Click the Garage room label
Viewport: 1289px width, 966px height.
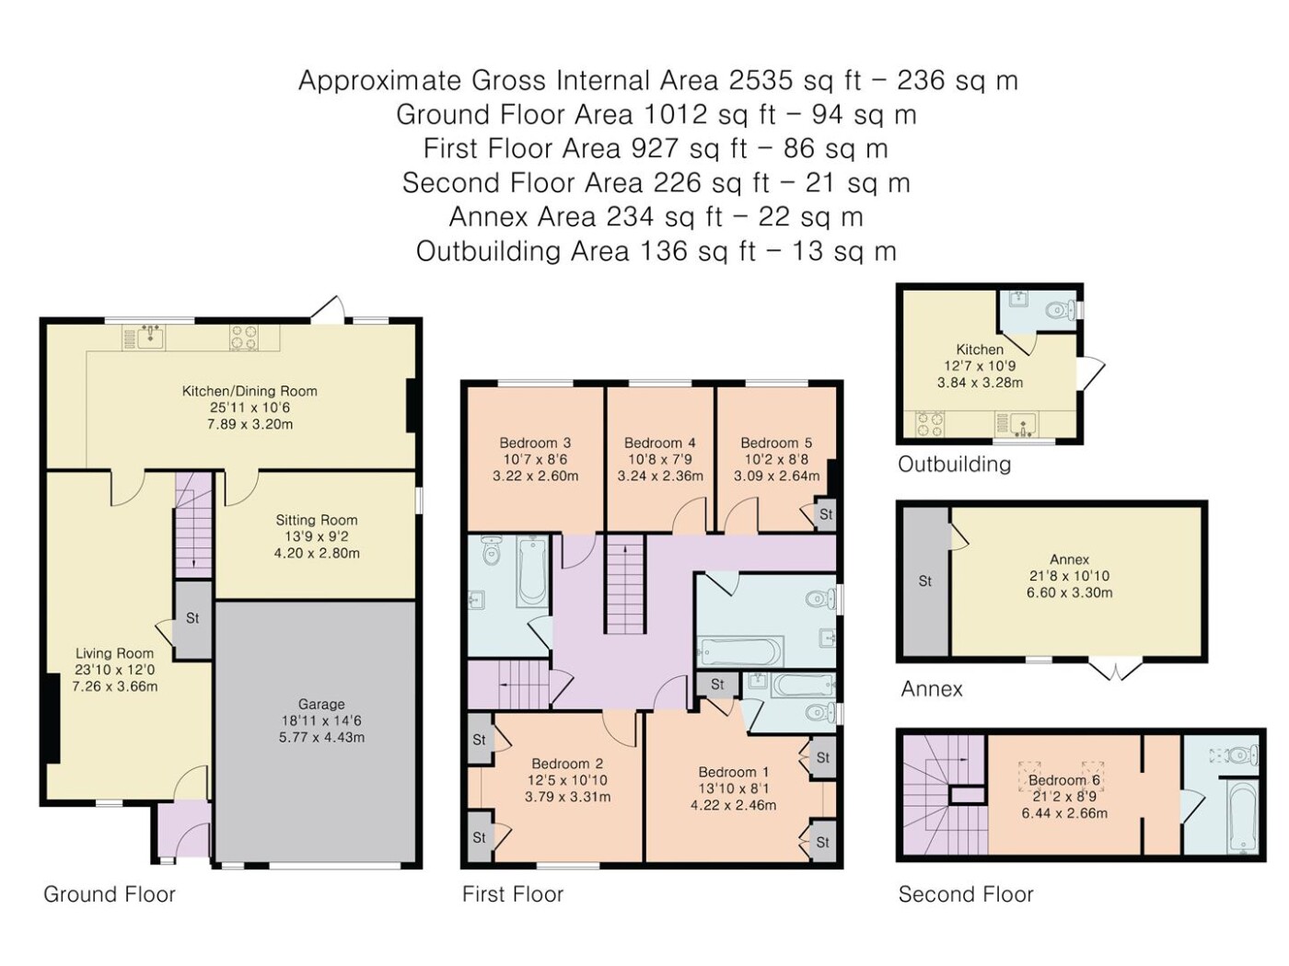pyautogui.click(x=320, y=704)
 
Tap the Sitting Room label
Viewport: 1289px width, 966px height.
pyautogui.click(x=317, y=520)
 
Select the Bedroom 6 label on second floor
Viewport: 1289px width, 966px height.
pyautogui.click(x=1064, y=780)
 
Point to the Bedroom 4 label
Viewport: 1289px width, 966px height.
pyautogui.click(x=659, y=443)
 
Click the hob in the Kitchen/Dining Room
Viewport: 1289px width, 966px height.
pyautogui.click(x=243, y=338)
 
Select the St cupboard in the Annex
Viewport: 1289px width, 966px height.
pyautogui.click(x=925, y=581)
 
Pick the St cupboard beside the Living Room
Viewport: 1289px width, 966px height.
pyautogui.click(x=192, y=619)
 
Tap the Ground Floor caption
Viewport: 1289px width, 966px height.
pyautogui.click(x=110, y=894)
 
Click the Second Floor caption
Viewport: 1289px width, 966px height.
pyautogui.click(x=966, y=894)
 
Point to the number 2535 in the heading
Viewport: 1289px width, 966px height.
pyautogui.click(x=761, y=80)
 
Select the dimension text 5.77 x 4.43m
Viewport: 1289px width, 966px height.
pyautogui.click(x=321, y=737)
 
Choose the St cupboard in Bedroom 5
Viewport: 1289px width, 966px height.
pyautogui.click(x=826, y=515)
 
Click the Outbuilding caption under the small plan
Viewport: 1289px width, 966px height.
pyautogui.click(x=954, y=465)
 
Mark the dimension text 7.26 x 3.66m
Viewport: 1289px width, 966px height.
pyautogui.click(x=114, y=686)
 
